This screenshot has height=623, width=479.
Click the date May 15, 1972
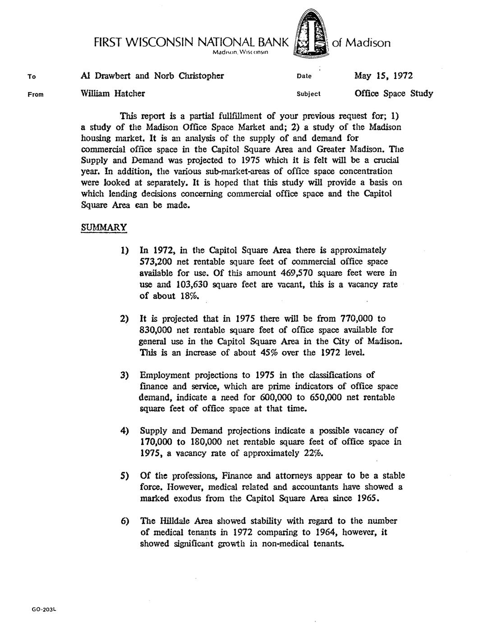coord(383,75)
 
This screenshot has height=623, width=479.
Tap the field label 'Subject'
coord(309,94)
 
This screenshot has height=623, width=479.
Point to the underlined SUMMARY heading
coord(104,227)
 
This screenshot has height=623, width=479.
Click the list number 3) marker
coord(124,375)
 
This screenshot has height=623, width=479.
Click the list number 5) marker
coord(124,476)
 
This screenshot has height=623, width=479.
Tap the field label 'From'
coord(35,94)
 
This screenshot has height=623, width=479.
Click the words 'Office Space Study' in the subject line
coord(394,93)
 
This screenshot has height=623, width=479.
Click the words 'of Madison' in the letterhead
coord(361,43)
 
